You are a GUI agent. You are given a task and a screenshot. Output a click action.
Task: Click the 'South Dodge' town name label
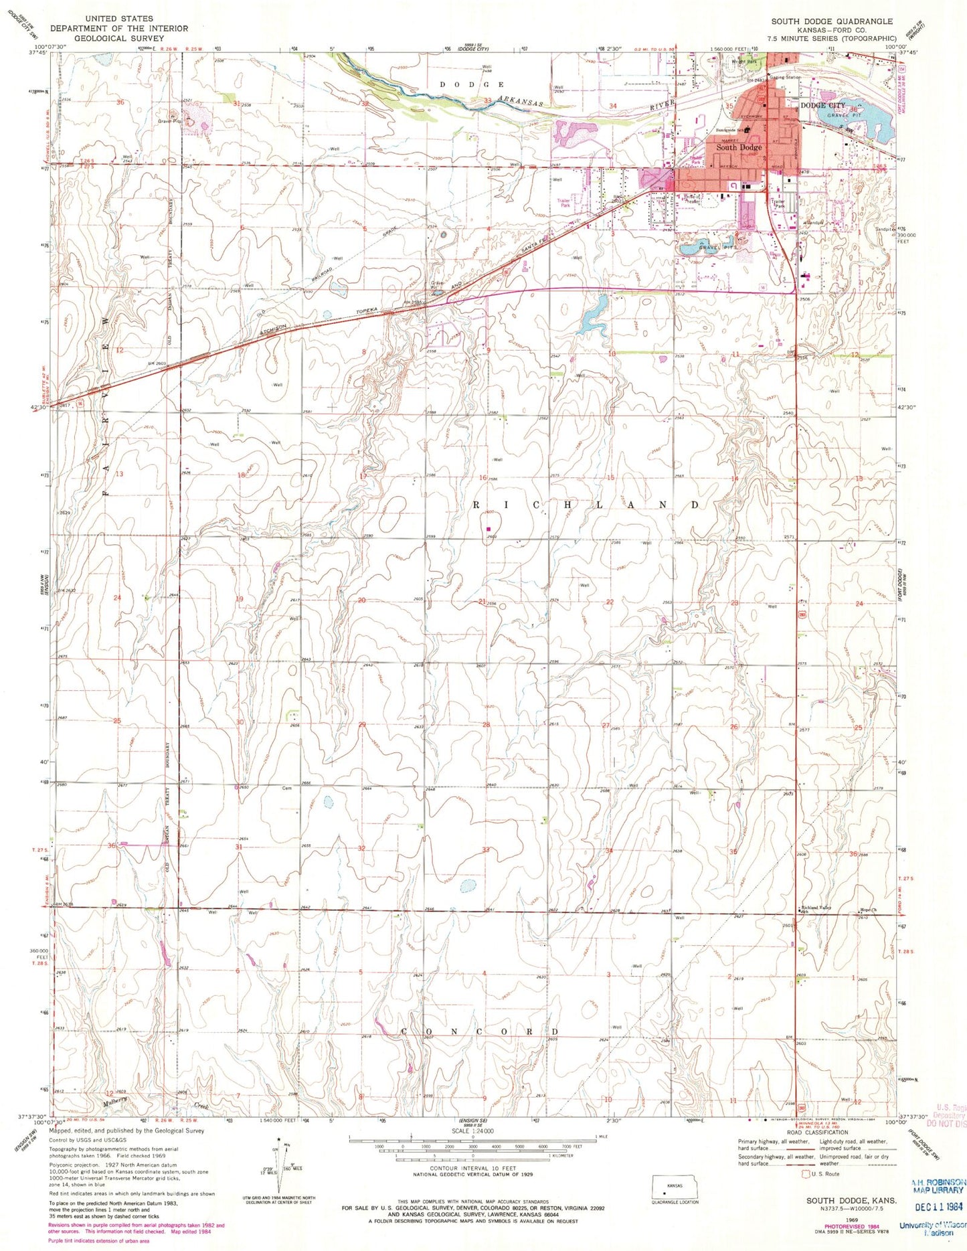coord(739,147)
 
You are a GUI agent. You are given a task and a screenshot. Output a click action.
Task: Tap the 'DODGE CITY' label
coord(822,106)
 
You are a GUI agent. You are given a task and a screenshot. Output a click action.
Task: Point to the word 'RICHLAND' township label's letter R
coord(478,505)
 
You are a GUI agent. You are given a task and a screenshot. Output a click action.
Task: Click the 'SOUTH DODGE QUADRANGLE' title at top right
coord(832,21)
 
